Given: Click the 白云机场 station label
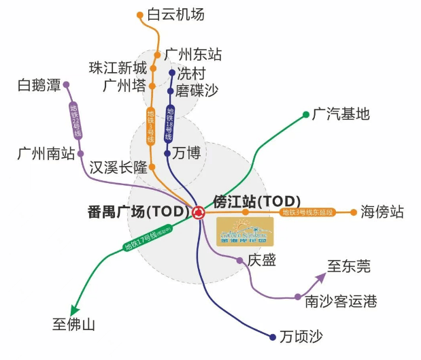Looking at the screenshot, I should [x=175, y=14].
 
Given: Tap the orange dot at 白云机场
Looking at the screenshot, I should [x=140, y=14].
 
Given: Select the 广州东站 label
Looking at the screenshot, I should [x=193, y=54].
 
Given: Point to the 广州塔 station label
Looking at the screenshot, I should [x=125, y=86].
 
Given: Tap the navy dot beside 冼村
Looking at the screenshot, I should [x=170, y=73].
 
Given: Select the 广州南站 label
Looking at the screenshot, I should [x=46, y=153].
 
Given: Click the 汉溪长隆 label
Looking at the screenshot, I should [x=118, y=167].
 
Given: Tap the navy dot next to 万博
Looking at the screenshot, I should [x=167, y=153].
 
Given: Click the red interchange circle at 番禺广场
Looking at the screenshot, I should [x=199, y=212].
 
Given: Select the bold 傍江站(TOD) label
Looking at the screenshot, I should [x=257, y=201].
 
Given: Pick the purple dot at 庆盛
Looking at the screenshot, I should [x=239, y=261].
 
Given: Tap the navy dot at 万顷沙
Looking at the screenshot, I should [x=273, y=337].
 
